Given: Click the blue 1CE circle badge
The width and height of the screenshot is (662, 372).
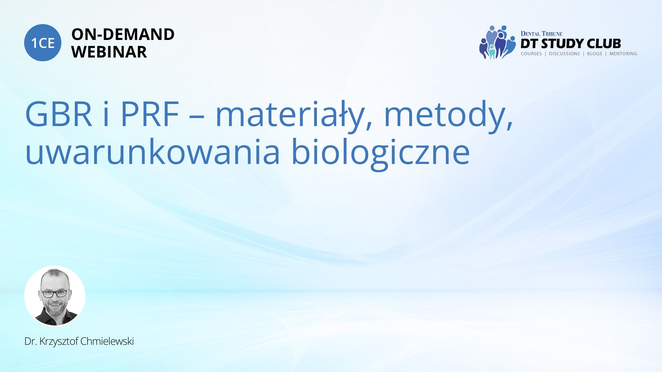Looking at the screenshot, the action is pos(43,43).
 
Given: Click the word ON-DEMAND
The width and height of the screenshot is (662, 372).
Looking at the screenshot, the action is pos(123,34).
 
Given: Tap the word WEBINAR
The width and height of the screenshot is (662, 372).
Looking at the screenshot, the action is pos(109,52).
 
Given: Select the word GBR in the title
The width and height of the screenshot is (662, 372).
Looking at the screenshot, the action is pos(59,114).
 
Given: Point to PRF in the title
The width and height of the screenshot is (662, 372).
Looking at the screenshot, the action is pos(150,114).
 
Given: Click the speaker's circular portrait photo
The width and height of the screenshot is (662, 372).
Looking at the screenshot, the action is pos(55,296).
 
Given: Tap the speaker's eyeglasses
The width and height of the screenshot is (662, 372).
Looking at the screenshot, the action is pos(54,294).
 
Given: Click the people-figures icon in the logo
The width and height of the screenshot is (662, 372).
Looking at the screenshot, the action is pos(497,42).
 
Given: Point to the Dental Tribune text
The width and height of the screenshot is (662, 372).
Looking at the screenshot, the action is pos(541,33).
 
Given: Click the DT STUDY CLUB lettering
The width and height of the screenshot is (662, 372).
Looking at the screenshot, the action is pos(571,44).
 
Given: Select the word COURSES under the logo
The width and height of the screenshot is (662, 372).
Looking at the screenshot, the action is pos(531,54).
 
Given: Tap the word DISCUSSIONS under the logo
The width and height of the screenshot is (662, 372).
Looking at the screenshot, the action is pos(564,54).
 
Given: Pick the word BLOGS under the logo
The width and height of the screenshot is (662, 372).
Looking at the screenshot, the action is pos(594,54).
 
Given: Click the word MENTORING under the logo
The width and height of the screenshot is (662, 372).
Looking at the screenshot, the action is pos(623,54).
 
